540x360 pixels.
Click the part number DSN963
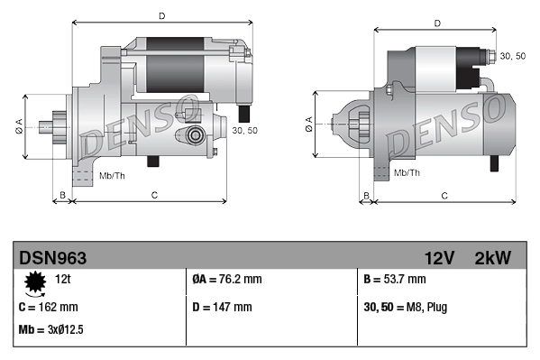point(52,257)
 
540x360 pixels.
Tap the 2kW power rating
point(492,257)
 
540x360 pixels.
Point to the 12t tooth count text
point(63,280)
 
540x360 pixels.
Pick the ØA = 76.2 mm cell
point(227,280)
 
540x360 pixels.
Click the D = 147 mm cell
point(223,307)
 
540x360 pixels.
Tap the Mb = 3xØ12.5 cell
point(51,329)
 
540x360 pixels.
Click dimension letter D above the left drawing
point(161,15)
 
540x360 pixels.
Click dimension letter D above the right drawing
point(436,23)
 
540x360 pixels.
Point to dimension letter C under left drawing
point(155,195)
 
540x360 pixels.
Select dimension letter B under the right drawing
point(366,195)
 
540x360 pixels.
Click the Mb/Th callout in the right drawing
point(407,171)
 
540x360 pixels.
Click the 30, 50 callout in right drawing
point(512,56)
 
